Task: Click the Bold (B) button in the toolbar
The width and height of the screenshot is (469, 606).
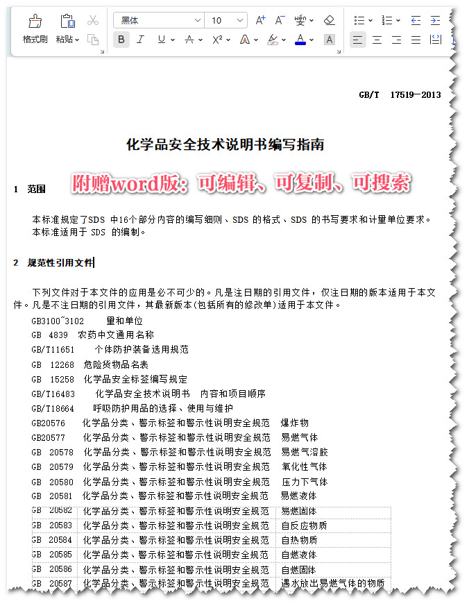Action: coord(121,40)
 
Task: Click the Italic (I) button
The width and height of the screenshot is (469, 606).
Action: coord(141,40)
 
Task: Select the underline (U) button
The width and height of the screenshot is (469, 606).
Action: coord(162,40)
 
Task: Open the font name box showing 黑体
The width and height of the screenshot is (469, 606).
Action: coord(157,20)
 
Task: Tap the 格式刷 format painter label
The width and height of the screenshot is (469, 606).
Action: coord(35,40)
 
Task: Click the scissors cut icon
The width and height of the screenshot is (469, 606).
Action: coord(93,20)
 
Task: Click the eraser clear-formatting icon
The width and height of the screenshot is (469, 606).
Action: coord(329,20)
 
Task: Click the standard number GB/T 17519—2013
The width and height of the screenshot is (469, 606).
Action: coord(400,95)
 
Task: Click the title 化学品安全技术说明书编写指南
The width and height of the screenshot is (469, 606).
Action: coord(225,145)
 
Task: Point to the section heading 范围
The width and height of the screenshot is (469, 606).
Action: coord(36,189)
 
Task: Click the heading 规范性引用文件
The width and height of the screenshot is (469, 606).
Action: coord(60,262)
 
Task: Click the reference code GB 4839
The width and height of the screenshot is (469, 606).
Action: coord(50,335)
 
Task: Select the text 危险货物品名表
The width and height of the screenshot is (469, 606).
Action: coord(116,364)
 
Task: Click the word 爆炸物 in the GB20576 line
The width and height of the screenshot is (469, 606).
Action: coord(295,423)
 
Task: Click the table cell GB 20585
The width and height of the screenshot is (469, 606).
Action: coord(52,555)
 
